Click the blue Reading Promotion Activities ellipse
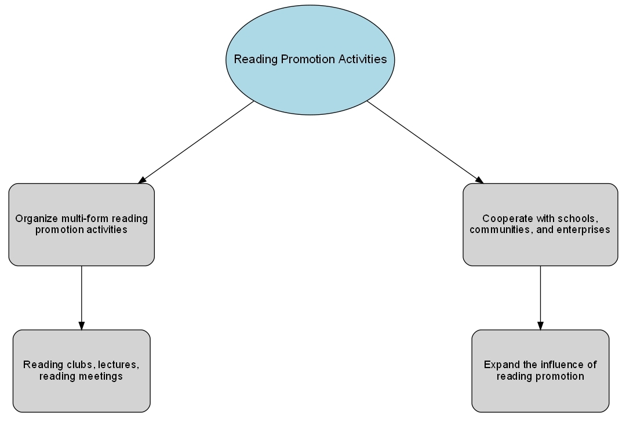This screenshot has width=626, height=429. click(310, 60)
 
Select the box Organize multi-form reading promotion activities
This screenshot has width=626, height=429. click(82, 224)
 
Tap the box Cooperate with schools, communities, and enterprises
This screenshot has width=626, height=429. click(540, 224)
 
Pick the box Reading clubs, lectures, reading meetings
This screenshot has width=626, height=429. click(82, 371)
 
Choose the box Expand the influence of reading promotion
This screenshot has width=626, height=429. click(540, 371)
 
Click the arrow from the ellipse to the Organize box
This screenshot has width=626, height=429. click(196, 142)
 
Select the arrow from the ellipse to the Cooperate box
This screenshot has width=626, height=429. click(425, 142)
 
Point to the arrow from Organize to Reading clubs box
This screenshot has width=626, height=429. click(82, 298)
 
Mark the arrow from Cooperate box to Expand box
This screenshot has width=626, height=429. click(540, 298)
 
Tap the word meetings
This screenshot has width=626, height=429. click(103, 377)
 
